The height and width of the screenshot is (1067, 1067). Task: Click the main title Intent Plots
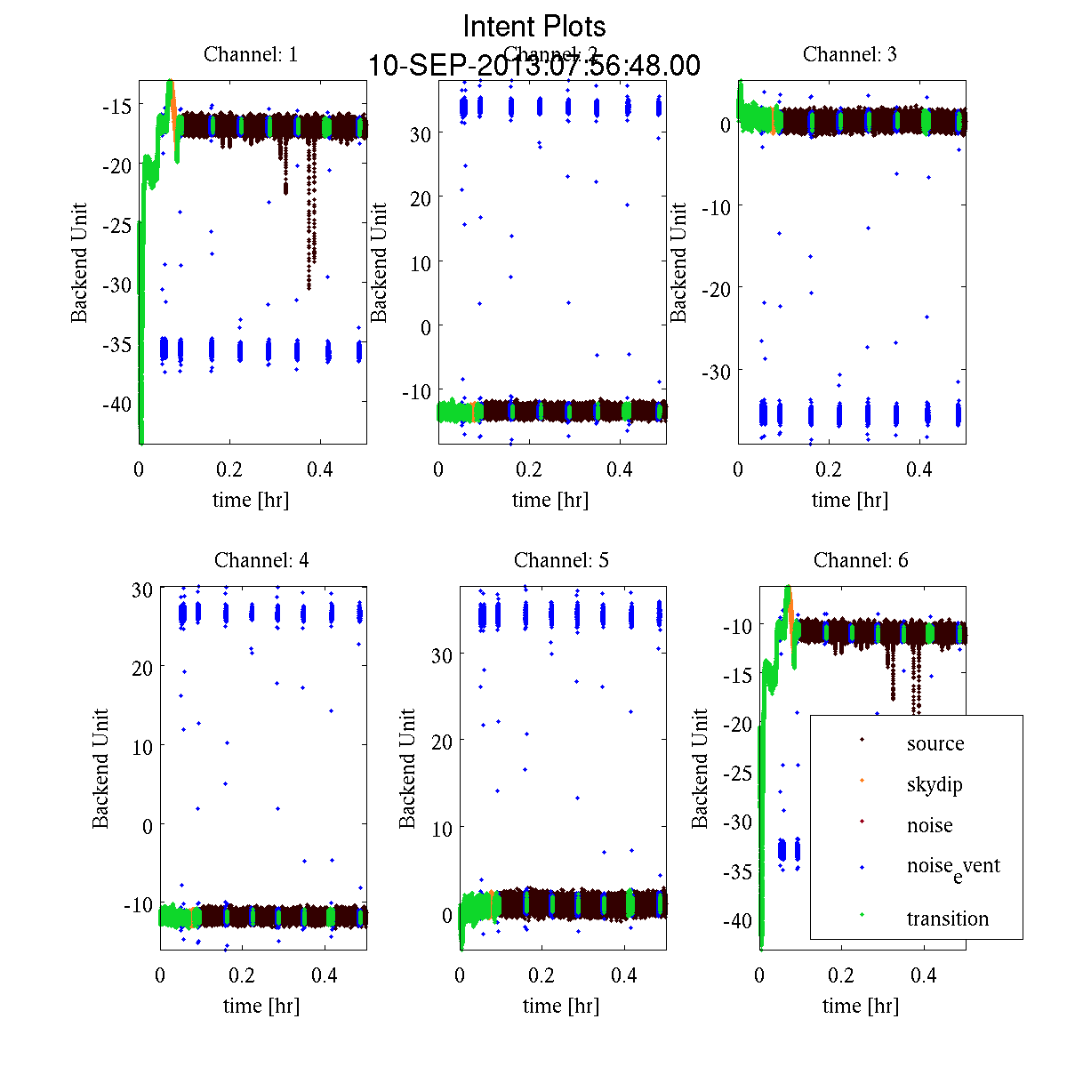[x=534, y=26]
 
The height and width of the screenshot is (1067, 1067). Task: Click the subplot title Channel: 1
[x=251, y=54]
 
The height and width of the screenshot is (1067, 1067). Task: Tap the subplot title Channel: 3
[x=850, y=54]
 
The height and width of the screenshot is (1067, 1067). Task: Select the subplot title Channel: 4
[x=261, y=560]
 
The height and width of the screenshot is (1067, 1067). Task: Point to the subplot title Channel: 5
[x=561, y=560]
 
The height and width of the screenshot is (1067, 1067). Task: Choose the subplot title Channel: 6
[x=861, y=560]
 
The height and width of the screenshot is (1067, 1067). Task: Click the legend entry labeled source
[x=935, y=743]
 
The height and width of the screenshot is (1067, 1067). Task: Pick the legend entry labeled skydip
[x=935, y=784]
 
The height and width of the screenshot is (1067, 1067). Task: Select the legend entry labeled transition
[x=948, y=919]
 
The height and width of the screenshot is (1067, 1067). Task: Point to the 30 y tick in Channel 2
[x=420, y=133]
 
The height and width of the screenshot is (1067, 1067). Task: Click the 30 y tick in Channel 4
[x=142, y=589]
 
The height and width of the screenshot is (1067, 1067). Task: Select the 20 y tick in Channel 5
[x=441, y=741]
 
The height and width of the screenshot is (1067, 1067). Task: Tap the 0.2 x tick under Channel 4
[x=241, y=975]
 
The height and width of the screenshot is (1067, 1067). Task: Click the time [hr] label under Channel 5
[x=561, y=1006]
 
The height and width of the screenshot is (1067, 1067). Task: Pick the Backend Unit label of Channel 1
[x=80, y=263]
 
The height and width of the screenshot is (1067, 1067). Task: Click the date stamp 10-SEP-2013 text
[x=534, y=66]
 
